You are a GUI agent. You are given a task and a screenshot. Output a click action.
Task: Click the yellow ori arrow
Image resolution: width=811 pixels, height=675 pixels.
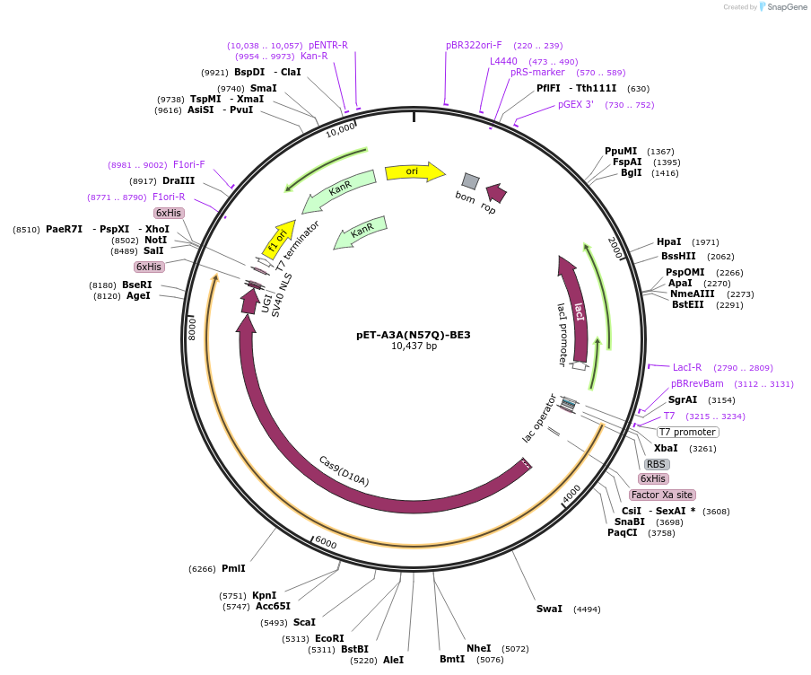[x=414, y=171]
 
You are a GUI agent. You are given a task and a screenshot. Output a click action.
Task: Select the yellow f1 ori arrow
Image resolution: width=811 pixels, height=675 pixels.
[x=278, y=237]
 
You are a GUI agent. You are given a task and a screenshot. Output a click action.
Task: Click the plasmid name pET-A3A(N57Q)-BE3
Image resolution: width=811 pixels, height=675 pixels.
[x=413, y=335]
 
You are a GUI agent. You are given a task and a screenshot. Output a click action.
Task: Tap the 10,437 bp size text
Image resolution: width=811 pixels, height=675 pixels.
[x=414, y=346]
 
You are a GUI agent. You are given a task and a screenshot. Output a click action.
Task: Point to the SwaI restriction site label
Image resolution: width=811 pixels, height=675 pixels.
[x=549, y=609]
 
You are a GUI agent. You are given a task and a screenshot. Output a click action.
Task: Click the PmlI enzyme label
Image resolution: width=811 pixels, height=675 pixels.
[x=233, y=568]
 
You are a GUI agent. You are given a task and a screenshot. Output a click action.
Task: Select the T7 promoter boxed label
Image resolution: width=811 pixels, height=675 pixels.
[x=687, y=432]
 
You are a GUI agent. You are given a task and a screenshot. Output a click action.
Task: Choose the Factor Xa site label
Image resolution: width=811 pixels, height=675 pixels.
[x=662, y=495]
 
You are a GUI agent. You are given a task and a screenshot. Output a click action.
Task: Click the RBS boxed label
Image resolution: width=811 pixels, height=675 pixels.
[x=657, y=464]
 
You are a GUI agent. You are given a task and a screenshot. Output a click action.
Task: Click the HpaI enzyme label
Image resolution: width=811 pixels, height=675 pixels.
[x=668, y=241]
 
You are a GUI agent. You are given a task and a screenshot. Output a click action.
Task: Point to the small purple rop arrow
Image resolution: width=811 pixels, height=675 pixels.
[x=495, y=191]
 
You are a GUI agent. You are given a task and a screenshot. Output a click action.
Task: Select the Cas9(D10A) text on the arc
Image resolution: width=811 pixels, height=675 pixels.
[x=344, y=469]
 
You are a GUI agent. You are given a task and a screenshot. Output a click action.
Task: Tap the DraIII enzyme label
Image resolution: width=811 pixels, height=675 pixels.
[x=179, y=180]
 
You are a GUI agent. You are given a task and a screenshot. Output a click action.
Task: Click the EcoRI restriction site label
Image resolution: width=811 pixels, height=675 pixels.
[x=329, y=638]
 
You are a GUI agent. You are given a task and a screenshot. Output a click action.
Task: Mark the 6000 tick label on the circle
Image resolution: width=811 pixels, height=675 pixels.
[x=325, y=544]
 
